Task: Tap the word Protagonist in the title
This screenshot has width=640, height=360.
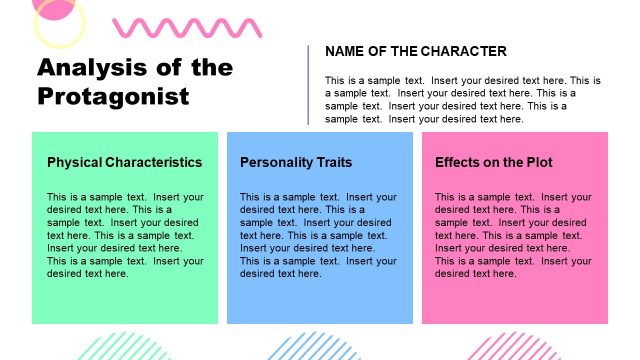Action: tap(113, 96)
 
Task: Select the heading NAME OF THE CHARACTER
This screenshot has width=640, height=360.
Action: tap(416, 52)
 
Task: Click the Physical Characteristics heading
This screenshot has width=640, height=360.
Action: tap(124, 162)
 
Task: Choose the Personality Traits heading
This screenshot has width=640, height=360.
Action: tap(296, 162)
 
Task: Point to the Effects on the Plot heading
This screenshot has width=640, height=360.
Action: tap(494, 162)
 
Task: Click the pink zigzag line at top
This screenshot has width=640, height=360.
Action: tap(160, 27)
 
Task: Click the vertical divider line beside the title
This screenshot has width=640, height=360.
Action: tap(308, 85)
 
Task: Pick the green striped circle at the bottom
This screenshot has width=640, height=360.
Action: tap(125, 347)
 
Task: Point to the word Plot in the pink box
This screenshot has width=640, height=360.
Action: tap(537, 162)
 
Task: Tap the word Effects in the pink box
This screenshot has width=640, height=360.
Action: tap(457, 162)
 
